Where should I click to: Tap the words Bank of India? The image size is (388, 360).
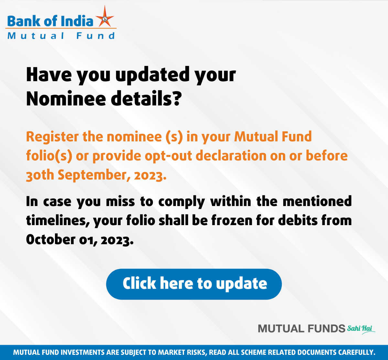pyautogui.click(x=50, y=21)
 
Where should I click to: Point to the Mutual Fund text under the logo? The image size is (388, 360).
pyautogui.click(x=61, y=36)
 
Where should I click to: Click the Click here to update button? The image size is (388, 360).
pyautogui.click(x=194, y=284)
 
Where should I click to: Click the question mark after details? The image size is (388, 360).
pyautogui.click(x=177, y=98)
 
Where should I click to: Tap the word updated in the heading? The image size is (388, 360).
pyautogui.click(x=152, y=76)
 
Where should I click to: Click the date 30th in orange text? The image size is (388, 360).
pyautogui.click(x=40, y=175)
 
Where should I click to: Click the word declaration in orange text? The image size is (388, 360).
pyautogui.click(x=231, y=156)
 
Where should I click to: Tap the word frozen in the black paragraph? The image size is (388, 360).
pyautogui.click(x=232, y=221)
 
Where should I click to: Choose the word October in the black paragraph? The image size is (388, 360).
pyautogui.click(x=50, y=239)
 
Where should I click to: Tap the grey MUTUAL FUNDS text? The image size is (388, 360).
pyautogui.click(x=302, y=329)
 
